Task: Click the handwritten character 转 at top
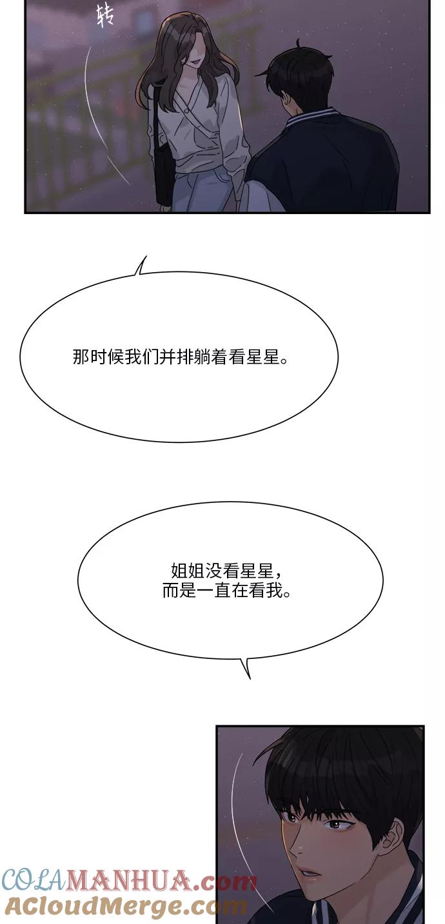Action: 104,16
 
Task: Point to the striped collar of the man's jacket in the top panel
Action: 310,117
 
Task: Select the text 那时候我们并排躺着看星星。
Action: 181,357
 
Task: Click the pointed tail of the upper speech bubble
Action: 141,265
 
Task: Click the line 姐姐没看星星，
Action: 227,571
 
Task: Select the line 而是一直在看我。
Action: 227,591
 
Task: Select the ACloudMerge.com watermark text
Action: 125,907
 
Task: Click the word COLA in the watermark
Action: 34,881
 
